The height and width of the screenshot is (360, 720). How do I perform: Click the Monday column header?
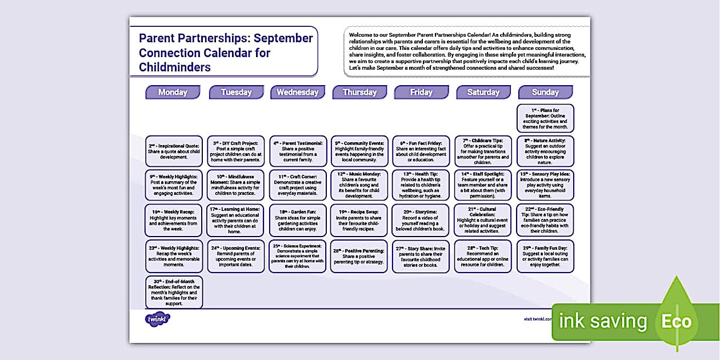pyautogui.click(x=173, y=92)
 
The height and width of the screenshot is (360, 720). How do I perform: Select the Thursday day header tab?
pyautogui.click(x=359, y=92)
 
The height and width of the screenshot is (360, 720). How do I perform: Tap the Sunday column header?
pyautogui.click(x=545, y=92)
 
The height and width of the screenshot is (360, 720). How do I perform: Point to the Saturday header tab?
pyautogui.click(x=483, y=92)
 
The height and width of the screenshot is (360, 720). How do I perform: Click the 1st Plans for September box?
pyautogui.click(x=545, y=118)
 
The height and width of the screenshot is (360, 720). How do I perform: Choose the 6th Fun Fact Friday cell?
pyautogui.click(x=422, y=151)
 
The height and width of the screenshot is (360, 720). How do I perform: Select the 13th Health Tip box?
pyautogui.click(x=422, y=185)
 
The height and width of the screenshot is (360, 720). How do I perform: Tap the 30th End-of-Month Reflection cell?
pyautogui.click(x=174, y=293)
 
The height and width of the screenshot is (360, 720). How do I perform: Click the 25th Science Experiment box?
pyautogui.click(x=298, y=255)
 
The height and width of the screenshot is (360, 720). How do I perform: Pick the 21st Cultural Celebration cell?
pyautogui.click(x=483, y=221)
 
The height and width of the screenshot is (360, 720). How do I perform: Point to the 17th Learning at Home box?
pyautogui.click(x=235, y=220)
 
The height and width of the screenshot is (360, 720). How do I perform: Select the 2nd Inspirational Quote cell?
pyautogui.click(x=174, y=151)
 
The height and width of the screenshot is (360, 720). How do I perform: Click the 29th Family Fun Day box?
pyautogui.click(x=545, y=255)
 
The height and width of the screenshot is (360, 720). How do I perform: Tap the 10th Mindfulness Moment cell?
pyautogui.click(x=235, y=185)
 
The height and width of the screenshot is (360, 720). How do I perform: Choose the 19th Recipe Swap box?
pyautogui.click(x=359, y=220)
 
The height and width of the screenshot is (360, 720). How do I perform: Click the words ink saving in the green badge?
pyautogui.click(x=603, y=322)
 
